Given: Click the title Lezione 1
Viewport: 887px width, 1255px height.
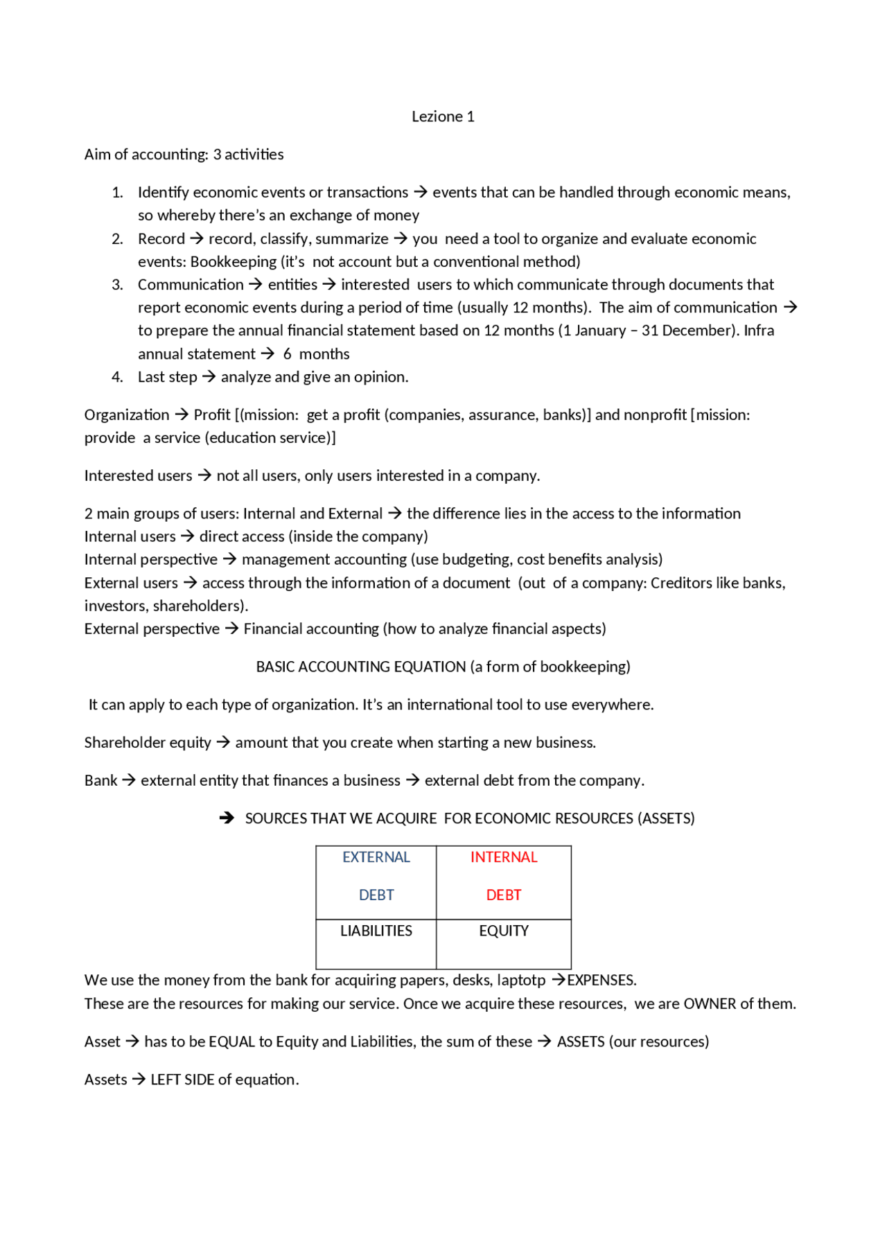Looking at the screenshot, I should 443,116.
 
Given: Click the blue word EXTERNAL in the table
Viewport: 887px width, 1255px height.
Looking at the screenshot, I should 376,857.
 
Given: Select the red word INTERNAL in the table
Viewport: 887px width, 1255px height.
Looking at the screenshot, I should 504,857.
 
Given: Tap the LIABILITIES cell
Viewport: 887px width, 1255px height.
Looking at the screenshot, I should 376,931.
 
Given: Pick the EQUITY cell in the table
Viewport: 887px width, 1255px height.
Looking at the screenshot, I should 504,931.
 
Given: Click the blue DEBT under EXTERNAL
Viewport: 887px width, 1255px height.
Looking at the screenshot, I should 376,895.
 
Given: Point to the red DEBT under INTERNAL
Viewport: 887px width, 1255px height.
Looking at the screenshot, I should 504,895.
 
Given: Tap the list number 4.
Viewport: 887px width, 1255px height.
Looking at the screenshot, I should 117,377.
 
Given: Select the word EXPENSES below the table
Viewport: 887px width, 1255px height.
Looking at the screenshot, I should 601,981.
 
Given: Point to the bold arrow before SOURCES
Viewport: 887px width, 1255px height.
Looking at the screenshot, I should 227,818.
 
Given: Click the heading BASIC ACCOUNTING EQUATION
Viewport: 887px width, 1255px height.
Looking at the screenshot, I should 360,667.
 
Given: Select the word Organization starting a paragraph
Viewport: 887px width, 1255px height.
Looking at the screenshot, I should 127,415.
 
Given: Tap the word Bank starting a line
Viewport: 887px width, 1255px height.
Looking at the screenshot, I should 101,781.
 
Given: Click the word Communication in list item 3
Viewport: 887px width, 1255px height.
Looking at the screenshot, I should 191,285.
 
